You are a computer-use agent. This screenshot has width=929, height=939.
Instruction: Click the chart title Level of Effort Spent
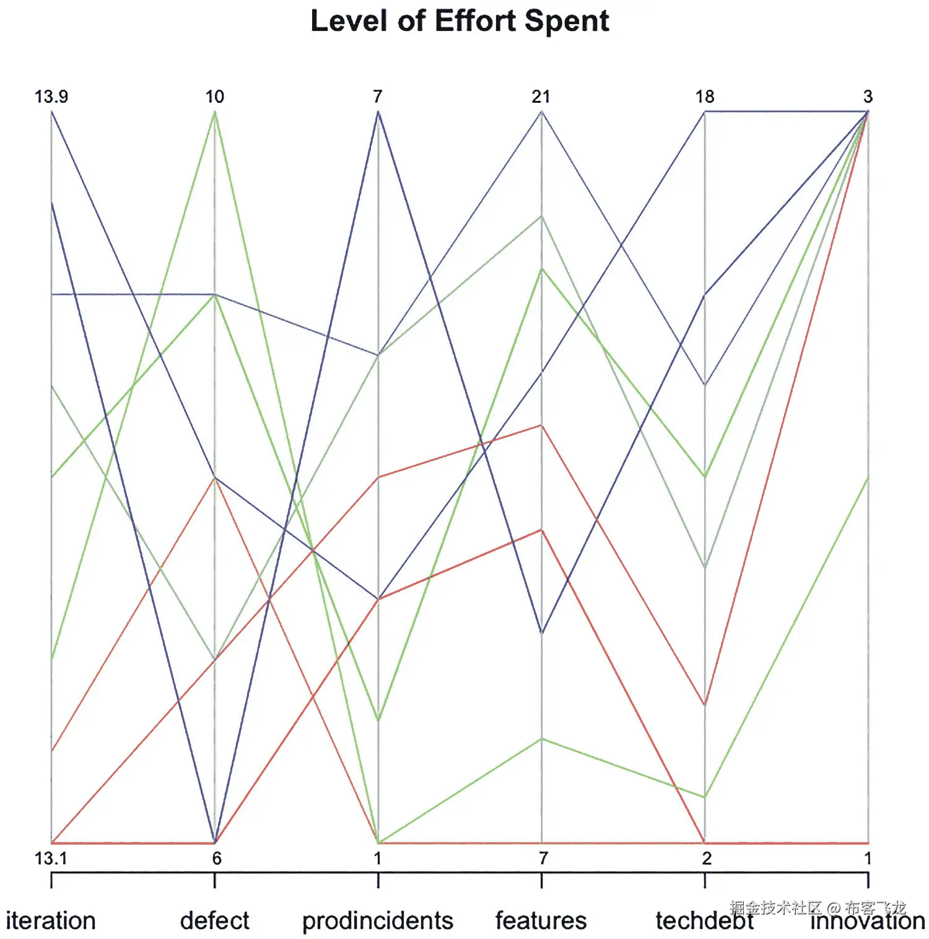[x=460, y=21]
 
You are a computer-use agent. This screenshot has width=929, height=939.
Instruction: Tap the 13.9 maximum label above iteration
[x=51, y=97]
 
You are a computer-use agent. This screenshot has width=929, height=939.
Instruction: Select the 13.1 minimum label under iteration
[x=50, y=858]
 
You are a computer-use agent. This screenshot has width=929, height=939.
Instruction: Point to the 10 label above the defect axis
[x=214, y=97]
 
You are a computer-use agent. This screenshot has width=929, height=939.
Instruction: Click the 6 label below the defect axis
[x=216, y=858]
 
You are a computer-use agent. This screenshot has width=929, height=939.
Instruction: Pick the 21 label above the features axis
[x=541, y=97]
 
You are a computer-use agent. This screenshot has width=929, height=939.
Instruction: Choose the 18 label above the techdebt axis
[x=705, y=97]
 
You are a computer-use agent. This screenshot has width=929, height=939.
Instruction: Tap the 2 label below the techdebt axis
[x=707, y=858]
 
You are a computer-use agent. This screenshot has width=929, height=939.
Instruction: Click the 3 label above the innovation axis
[x=868, y=97]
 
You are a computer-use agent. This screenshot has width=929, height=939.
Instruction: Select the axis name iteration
[x=51, y=921]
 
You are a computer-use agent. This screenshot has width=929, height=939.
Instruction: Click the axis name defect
[x=214, y=921]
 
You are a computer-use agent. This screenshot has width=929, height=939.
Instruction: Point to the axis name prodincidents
[x=378, y=921]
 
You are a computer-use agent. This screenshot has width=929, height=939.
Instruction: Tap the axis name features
[x=541, y=921]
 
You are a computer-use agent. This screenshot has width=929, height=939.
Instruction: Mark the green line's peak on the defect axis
[x=214, y=112]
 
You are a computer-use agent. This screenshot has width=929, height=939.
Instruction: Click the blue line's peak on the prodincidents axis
[x=378, y=112]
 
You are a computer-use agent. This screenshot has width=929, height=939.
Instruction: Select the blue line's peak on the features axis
[x=541, y=112]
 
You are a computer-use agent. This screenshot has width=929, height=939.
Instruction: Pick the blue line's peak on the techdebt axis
[x=705, y=112]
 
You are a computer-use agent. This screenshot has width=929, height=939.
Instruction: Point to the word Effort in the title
[x=475, y=21]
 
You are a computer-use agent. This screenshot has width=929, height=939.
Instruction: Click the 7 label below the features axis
[x=543, y=858]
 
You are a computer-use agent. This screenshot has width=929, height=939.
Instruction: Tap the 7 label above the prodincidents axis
[x=377, y=97]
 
